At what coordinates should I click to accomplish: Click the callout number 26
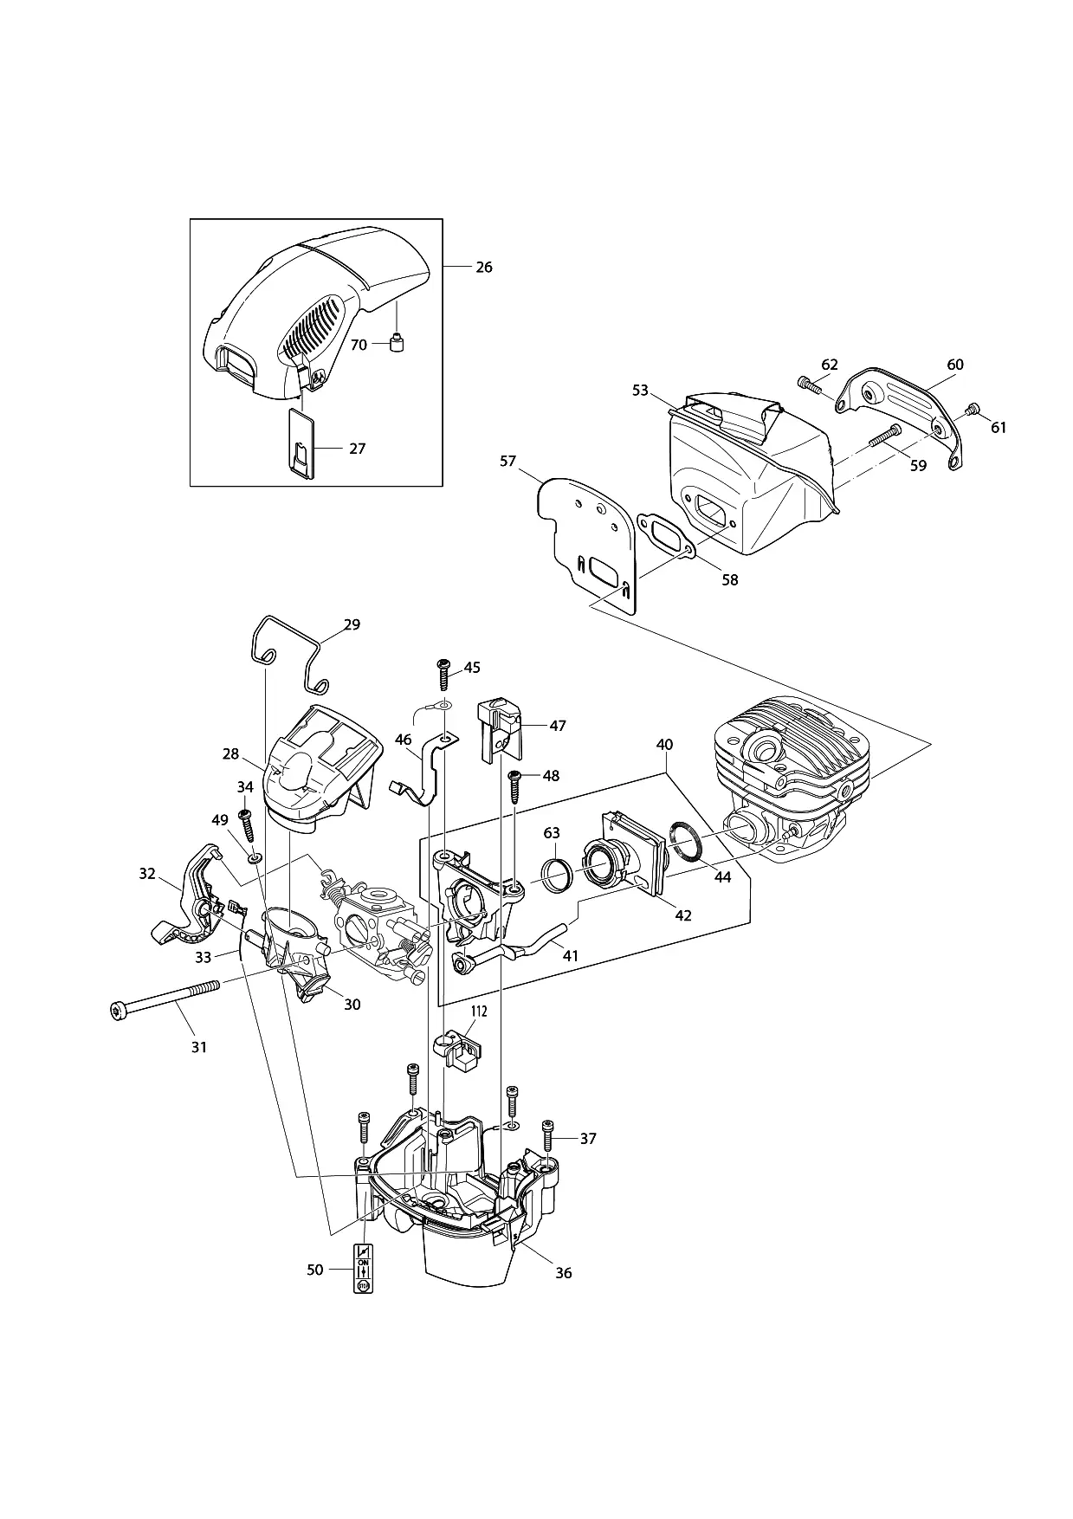click(x=484, y=267)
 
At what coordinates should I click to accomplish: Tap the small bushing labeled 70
click(x=398, y=344)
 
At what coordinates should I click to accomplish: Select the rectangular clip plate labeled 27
click(x=301, y=443)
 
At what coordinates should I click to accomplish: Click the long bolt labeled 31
click(x=166, y=998)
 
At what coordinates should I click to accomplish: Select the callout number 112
click(x=479, y=1011)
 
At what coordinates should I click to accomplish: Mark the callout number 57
click(x=508, y=462)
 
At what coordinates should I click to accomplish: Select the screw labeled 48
click(x=514, y=786)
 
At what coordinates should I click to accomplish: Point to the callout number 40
click(x=664, y=745)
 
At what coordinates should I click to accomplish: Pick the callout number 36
click(x=564, y=1273)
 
